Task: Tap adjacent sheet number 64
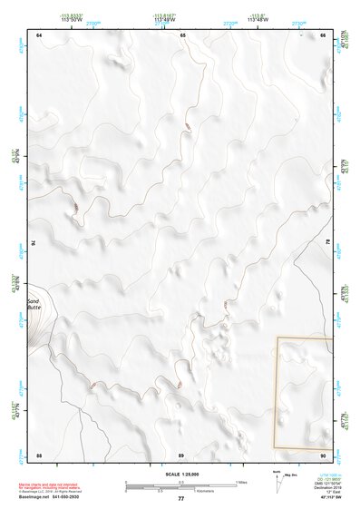[39, 34]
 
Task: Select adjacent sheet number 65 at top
[182, 34]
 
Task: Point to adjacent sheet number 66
[324, 34]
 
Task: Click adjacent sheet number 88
[39, 454]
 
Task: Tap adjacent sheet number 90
[324, 454]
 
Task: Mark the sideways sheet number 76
[34, 243]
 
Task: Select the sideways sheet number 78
[328, 243]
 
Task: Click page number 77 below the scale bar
[180, 499]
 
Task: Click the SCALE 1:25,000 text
[181, 475]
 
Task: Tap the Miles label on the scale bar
[241, 482]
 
